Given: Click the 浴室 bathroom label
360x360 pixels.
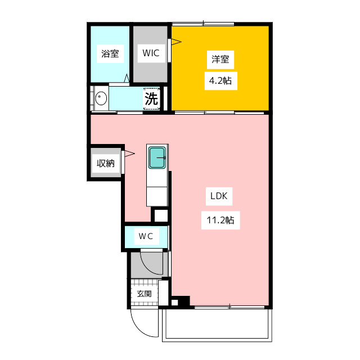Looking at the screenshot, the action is (110, 53).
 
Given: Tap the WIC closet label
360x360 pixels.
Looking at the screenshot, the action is (151, 53).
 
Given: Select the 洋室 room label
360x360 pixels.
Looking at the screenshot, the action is (220, 59).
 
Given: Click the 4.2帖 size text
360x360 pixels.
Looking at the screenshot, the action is (220, 80).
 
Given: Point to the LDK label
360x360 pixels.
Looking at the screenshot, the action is (219, 196).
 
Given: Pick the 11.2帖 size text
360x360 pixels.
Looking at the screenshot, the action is (220, 220).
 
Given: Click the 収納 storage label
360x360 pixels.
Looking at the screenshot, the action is (106, 163).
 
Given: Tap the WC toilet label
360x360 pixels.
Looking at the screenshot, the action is (146, 236).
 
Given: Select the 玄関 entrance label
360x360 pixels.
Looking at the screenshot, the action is (144, 294).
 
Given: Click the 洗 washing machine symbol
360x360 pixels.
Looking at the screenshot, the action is (151, 98).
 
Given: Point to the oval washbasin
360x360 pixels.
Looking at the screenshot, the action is (101, 98).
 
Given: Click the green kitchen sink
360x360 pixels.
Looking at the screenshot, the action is (157, 157).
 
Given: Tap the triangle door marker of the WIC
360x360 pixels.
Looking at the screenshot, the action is (176, 42).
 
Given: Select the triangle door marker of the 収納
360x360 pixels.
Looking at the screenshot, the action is (129, 154).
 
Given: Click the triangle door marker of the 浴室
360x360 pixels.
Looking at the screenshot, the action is (127, 78).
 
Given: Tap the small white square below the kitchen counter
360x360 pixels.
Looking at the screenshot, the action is (161, 216).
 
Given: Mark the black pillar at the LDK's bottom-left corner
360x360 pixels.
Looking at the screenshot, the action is (184, 301).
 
